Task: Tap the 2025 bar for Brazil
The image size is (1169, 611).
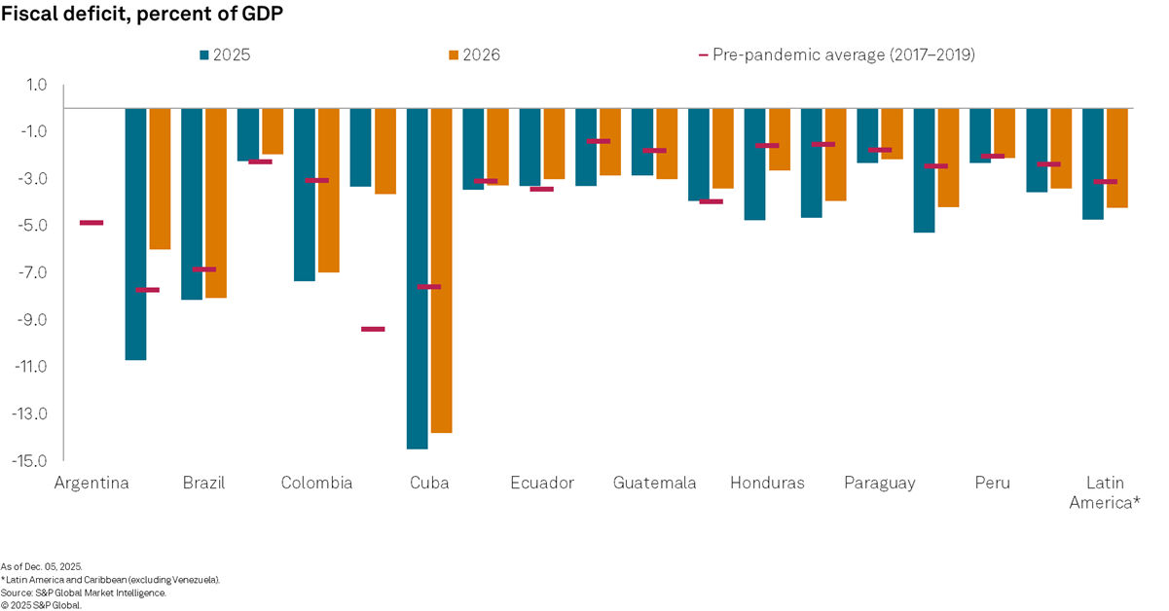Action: (192, 203)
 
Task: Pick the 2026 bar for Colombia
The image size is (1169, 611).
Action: (329, 190)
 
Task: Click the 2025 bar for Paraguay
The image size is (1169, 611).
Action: (867, 135)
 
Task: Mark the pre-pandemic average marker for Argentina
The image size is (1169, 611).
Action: (91, 223)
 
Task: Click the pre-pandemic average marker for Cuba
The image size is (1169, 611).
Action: (429, 287)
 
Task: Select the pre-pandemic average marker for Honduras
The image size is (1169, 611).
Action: (767, 145)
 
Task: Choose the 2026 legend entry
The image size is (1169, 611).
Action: (472, 54)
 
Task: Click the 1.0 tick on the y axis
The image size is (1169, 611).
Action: (36, 85)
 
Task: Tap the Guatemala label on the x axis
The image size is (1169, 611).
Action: (654, 484)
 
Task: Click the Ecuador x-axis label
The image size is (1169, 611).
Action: (542, 484)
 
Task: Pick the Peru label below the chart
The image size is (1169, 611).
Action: (992, 484)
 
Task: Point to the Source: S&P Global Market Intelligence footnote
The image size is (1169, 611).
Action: (84, 592)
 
